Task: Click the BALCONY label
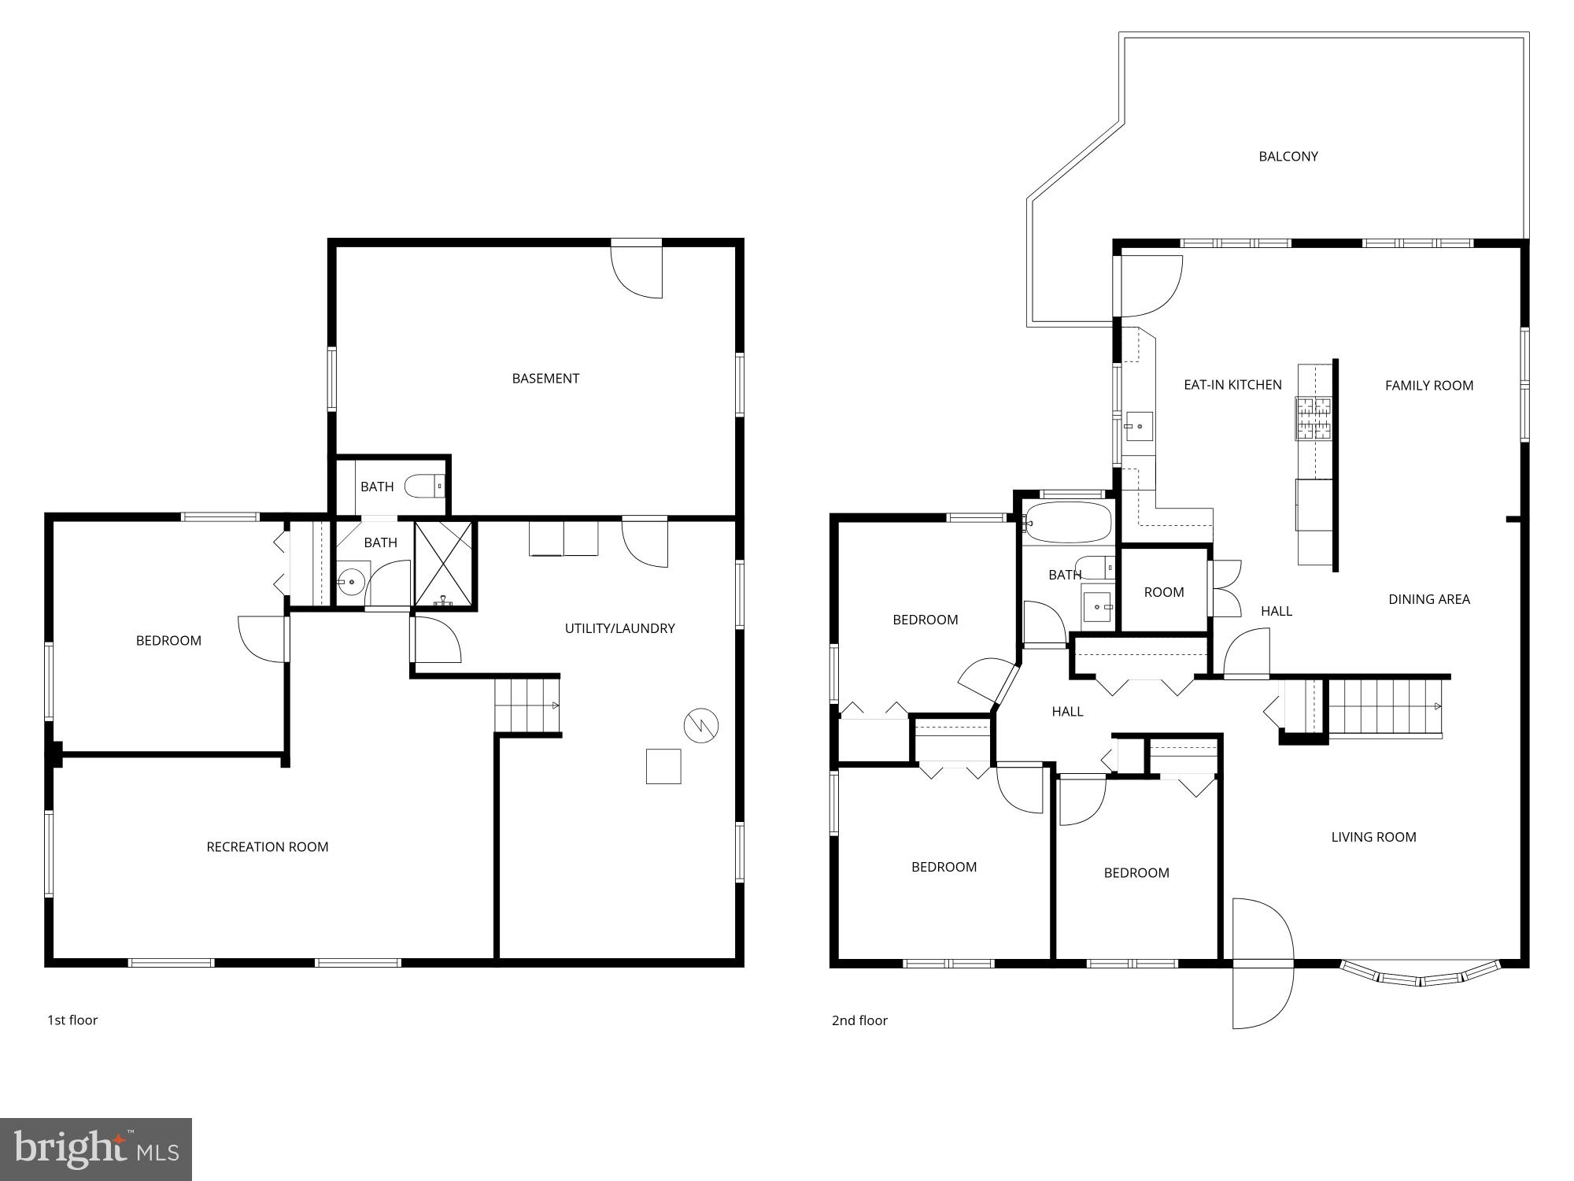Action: [x=1288, y=157]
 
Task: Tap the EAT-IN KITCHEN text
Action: [x=1232, y=385]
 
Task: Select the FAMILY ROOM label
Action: [x=1428, y=386]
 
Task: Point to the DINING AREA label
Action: [x=1428, y=599]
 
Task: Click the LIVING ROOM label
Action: [x=1373, y=838]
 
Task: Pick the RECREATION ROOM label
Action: [x=268, y=847]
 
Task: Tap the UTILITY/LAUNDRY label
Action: [x=619, y=628]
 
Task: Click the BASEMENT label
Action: [x=545, y=379]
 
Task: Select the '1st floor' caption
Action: [x=72, y=1020]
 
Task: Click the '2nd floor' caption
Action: [x=859, y=1020]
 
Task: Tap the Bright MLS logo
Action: [x=96, y=1150]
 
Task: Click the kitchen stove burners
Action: [x=1314, y=418]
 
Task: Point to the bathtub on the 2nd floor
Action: [x=1068, y=522]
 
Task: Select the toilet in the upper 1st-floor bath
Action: [x=424, y=487]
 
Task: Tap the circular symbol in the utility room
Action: [x=701, y=726]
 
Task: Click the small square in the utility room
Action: [x=663, y=766]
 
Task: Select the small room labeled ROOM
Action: [x=1163, y=592]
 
